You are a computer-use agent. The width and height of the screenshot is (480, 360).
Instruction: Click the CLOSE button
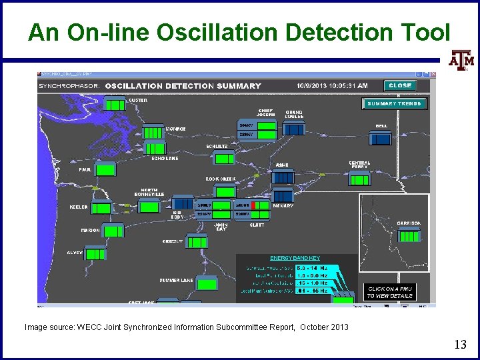(400, 85)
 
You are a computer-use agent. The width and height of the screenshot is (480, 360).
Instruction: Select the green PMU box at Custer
(115, 105)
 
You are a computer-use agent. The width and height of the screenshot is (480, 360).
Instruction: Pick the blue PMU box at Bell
(381, 138)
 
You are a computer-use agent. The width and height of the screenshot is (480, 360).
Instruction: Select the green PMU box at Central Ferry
(359, 179)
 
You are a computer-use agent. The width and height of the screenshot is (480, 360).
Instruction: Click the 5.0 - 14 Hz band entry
(312, 268)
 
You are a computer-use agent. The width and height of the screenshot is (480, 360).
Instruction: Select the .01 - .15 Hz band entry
(312, 291)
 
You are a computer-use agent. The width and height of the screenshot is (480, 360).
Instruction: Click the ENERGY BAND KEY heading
(295, 258)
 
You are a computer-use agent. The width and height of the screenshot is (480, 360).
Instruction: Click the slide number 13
(460, 345)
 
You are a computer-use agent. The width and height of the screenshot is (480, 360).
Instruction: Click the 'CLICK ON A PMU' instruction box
(390, 292)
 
